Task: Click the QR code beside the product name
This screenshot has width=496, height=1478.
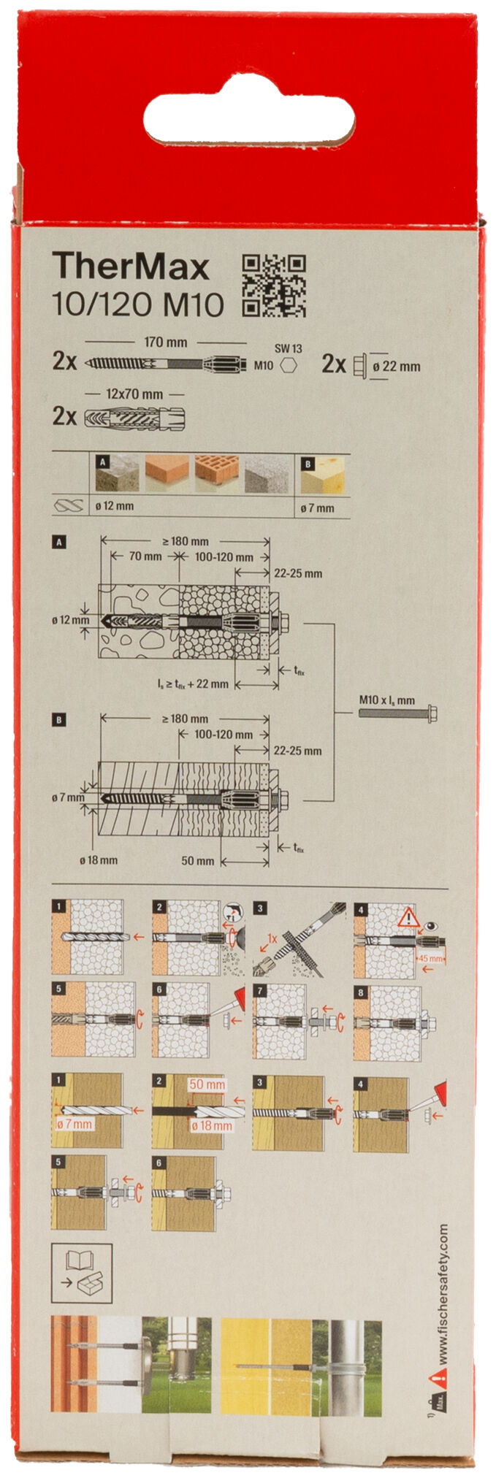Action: (273, 286)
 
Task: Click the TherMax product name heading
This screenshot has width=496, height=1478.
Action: (131, 267)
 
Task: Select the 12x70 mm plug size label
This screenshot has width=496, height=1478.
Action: (134, 394)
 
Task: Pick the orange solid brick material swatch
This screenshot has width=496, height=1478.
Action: (167, 473)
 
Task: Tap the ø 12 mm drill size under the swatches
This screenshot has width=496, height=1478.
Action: (114, 505)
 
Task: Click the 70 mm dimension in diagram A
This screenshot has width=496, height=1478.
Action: (145, 556)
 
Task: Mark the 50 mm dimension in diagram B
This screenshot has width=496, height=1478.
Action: (198, 860)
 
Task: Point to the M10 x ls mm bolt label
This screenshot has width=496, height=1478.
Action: (386, 700)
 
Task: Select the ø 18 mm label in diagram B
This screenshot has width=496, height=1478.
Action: (99, 859)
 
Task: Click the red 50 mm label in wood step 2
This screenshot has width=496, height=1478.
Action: (207, 1084)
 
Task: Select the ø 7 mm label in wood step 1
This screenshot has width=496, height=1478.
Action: (74, 1124)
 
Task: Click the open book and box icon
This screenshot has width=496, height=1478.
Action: (81, 1273)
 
